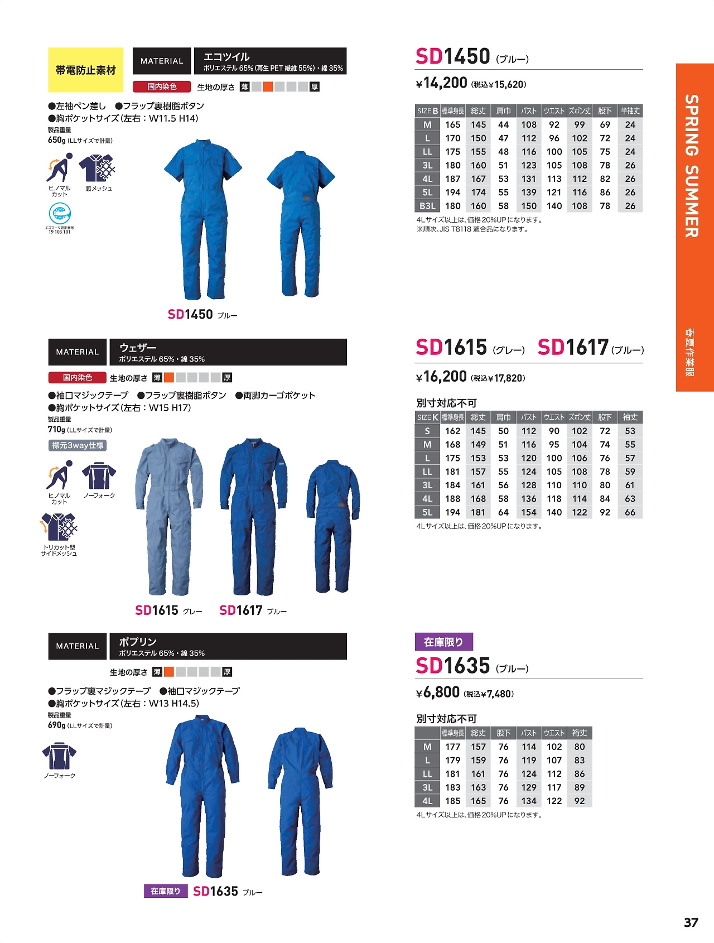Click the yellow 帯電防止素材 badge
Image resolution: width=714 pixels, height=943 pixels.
tap(85, 70)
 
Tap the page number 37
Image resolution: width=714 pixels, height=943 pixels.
tap(691, 922)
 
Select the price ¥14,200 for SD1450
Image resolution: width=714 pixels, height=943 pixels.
tap(441, 83)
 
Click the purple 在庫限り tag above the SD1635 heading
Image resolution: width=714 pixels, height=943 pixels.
tap(443, 642)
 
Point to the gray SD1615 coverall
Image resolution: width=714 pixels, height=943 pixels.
tap(168, 516)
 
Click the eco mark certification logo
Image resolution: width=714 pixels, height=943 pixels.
tap(60, 214)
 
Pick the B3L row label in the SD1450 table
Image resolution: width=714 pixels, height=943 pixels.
tap(427, 206)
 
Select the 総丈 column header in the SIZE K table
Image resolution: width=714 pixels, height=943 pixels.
tap(478, 417)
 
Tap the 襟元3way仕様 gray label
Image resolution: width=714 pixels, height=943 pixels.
tap(78, 445)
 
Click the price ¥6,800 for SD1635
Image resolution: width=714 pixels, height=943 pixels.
tap(438, 692)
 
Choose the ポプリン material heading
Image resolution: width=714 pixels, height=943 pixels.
tap(138, 642)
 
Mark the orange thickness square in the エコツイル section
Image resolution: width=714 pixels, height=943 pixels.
tap(268, 86)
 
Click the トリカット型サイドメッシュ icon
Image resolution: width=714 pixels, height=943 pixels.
tap(59, 528)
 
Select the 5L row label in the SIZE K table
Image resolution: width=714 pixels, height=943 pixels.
tap(427, 512)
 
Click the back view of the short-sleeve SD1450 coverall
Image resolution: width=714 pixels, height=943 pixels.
tap(300, 223)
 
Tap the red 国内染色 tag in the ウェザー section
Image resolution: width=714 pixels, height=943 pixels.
tap(78, 378)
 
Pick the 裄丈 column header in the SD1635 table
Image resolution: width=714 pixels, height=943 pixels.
tap(580, 733)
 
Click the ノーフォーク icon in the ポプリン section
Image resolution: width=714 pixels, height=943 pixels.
tap(59, 756)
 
